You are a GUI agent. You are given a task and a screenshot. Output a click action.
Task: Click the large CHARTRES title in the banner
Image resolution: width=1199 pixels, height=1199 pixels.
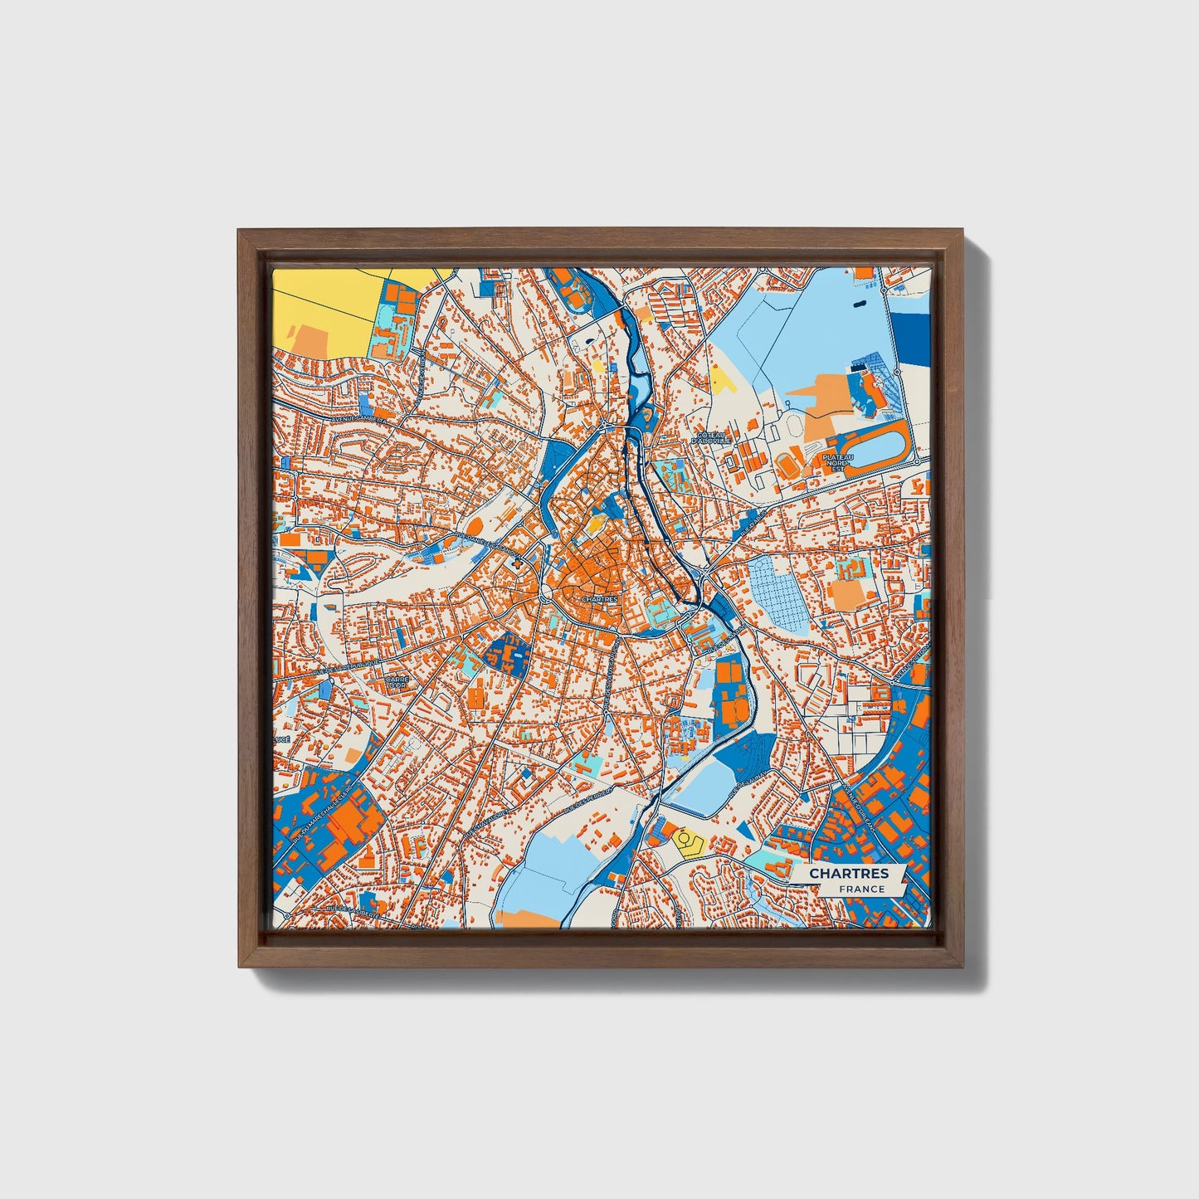tap(848, 873)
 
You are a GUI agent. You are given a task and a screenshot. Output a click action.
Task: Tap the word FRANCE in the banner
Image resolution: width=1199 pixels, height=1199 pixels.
tap(860, 889)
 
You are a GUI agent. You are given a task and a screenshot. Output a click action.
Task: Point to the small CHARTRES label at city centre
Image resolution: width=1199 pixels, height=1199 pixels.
tap(598, 597)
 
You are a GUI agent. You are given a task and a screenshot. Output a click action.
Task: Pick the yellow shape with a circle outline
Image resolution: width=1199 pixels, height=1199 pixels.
tap(687, 843)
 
